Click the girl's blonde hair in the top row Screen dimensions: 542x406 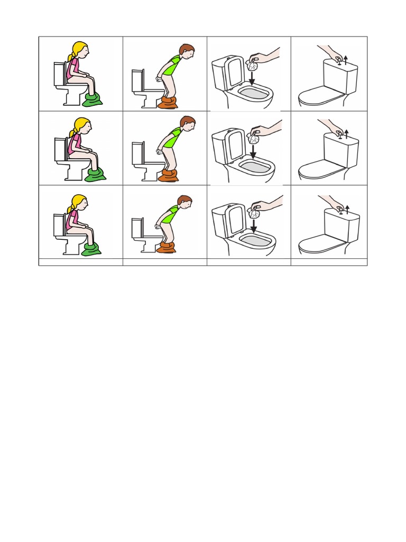pos(78,49)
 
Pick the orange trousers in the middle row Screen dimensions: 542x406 pos(168,176)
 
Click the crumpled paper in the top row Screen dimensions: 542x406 pos(252,66)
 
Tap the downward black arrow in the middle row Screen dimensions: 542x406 pos(253,151)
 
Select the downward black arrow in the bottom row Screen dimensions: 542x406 pos(253,226)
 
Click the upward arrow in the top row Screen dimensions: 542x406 pos(345,59)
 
